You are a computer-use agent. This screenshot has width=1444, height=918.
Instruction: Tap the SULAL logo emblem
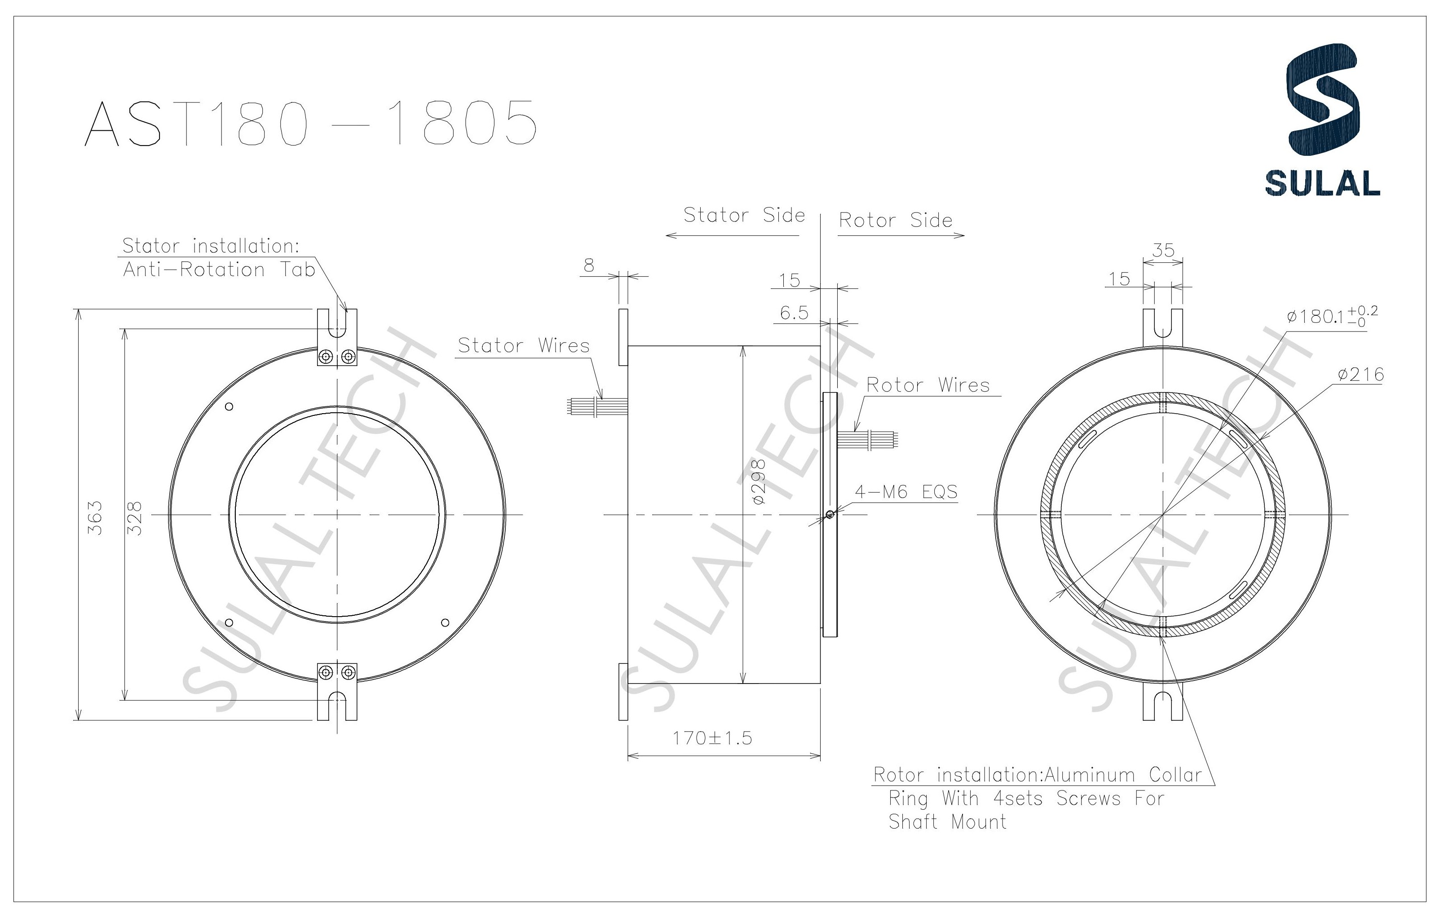1323,99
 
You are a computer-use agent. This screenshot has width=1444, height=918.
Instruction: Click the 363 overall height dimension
95,518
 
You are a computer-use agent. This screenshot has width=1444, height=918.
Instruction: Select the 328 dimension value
136,518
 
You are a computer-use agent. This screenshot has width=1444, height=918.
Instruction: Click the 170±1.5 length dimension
712,737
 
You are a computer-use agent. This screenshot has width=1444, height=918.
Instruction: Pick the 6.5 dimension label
794,313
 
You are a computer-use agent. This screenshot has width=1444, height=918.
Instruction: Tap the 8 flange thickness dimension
589,265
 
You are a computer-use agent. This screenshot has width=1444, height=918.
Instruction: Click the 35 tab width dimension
1163,250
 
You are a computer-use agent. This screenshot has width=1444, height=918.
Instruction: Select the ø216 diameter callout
1360,375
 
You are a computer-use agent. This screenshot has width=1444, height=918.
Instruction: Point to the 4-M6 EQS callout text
906,492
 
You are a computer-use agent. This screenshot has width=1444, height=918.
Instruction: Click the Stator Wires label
524,345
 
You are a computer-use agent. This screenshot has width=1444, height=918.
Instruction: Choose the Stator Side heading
744,215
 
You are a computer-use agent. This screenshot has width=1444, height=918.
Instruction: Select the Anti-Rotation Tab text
219,270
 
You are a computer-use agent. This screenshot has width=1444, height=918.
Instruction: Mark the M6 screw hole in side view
829,514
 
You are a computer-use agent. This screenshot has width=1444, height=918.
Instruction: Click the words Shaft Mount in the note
947,821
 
